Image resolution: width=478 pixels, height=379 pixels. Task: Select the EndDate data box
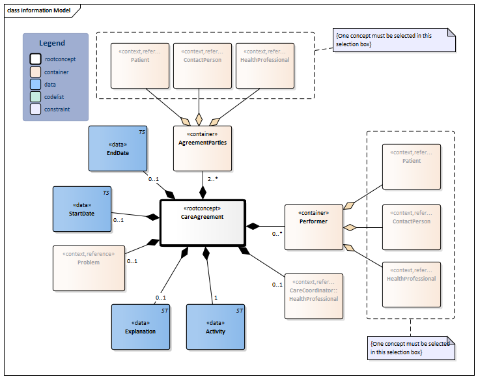tap(118, 149)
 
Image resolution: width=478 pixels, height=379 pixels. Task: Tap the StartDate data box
tap(82, 209)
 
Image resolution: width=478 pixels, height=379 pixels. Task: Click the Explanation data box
tap(140, 328)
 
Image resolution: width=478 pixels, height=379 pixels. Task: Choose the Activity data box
tap(216, 328)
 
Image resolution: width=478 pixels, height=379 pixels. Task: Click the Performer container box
tap(314, 227)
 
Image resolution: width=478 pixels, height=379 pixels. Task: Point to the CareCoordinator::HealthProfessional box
tap(314, 295)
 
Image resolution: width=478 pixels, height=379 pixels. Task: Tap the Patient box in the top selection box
tap(139, 65)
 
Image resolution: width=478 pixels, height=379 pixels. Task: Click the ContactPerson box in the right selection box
tap(411, 227)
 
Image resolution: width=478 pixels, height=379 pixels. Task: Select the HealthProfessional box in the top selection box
tap(264, 65)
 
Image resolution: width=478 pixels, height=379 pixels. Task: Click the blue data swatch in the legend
tap(36, 84)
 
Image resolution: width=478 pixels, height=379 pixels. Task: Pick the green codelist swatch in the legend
tap(36, 96)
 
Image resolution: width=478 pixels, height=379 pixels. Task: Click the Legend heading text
tap(52, 43)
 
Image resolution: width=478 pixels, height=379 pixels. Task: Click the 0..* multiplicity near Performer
tap(277, 233)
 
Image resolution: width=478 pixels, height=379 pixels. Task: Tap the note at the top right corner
tap(393, 40)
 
